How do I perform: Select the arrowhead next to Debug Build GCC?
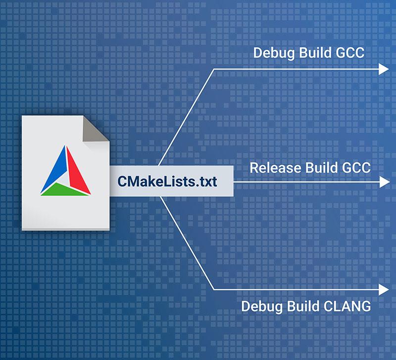[384, 69]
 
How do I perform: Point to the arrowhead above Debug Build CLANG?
[384, 289]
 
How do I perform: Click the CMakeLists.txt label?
[167, 181]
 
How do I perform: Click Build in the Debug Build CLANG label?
[303, 307]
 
